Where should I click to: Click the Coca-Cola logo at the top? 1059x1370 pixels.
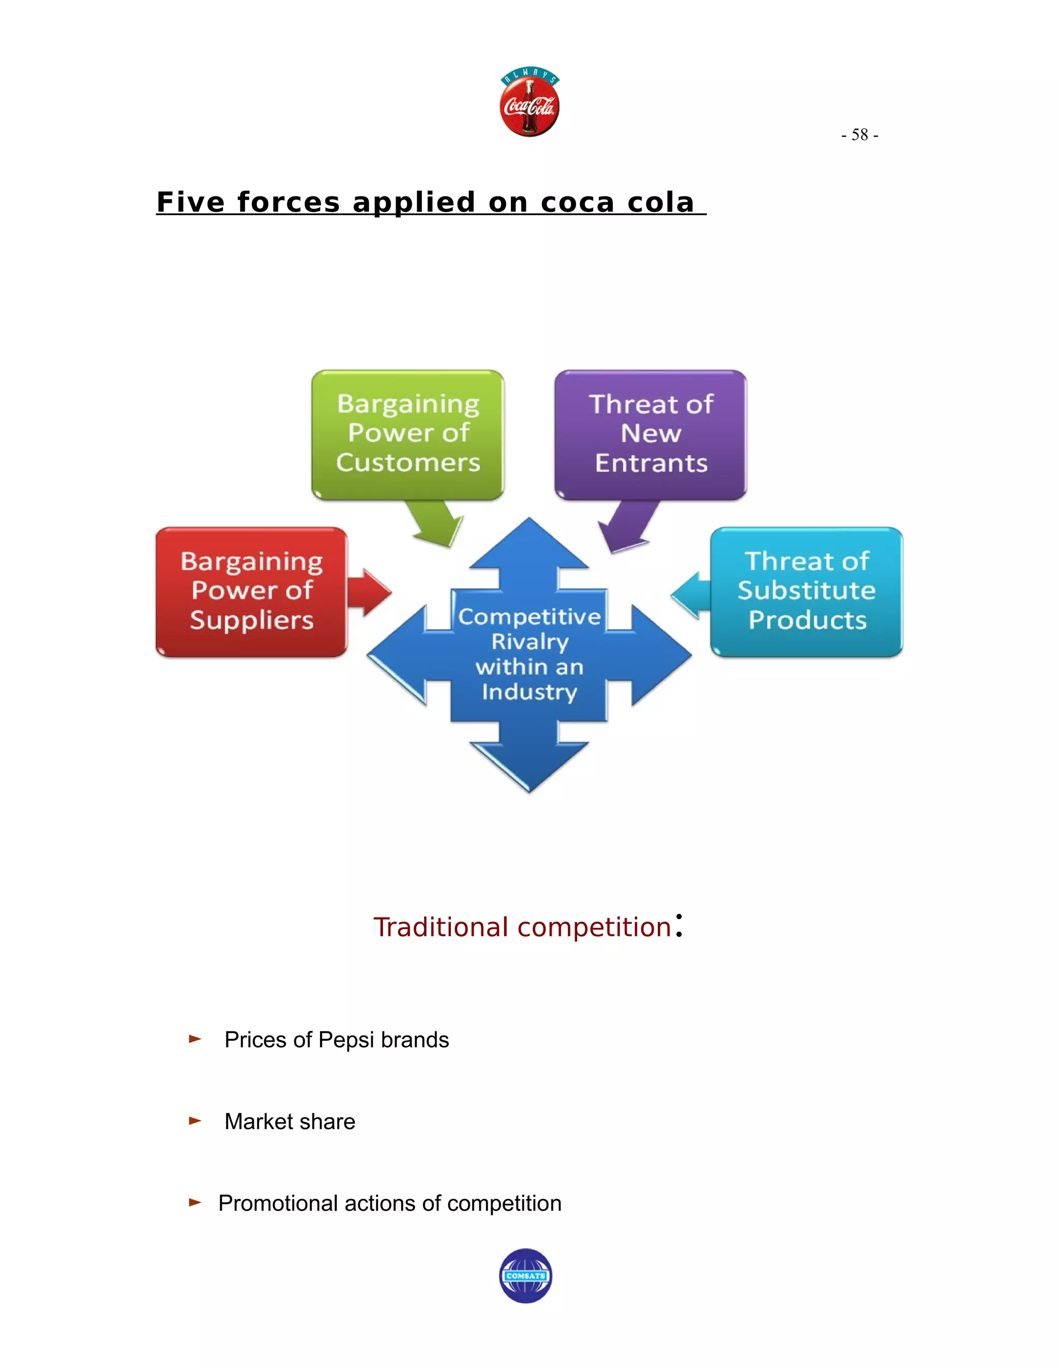point(529,102)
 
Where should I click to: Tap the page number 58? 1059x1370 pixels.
point(859,135)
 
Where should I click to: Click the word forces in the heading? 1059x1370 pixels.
point(288,203)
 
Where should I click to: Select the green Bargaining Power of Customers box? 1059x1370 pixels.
point(408,434)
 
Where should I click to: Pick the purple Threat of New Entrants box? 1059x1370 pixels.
point(650,434)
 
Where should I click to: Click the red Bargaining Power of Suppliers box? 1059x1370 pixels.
point(252,591)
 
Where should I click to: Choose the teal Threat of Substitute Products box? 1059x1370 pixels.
point(807,591)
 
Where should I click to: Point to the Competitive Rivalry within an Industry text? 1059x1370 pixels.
point(529,654)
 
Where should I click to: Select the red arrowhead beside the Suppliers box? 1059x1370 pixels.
point(373,591)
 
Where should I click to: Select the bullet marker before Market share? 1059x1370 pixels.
point(195,1121)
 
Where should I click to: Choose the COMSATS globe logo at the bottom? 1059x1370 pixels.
point(526,1276)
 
